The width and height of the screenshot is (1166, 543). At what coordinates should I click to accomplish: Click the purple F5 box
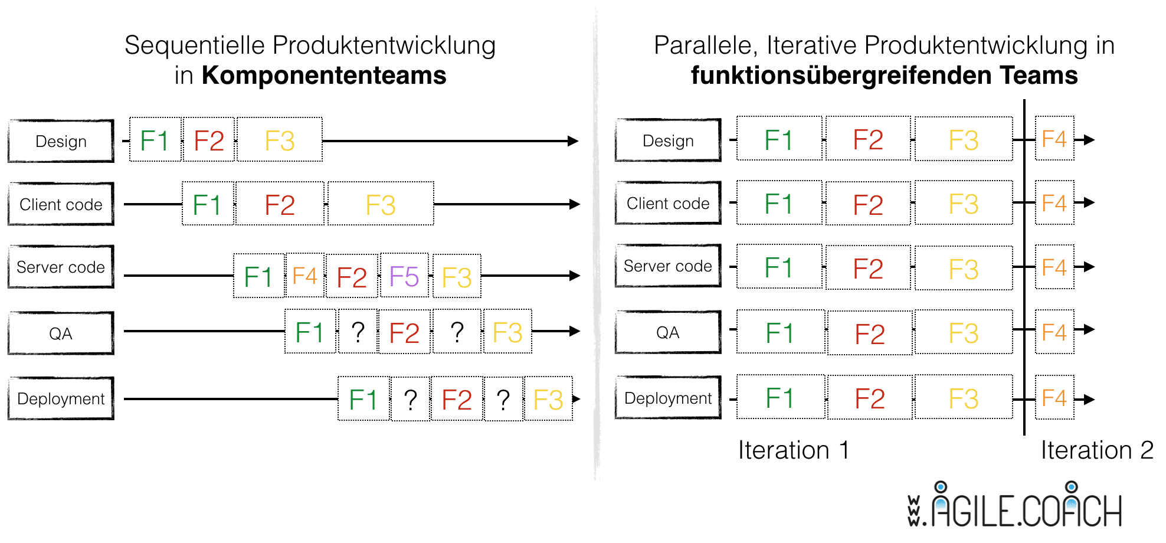point(404,276)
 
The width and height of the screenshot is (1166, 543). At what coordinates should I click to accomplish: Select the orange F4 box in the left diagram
point(305,276)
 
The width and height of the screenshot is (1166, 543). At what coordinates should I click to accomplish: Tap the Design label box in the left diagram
point(61,141)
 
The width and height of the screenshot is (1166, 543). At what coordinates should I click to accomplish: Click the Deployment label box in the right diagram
point(668,398)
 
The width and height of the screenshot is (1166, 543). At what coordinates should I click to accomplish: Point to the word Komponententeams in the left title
point(324,76)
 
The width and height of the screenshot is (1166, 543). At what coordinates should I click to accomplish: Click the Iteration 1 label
point(794,450)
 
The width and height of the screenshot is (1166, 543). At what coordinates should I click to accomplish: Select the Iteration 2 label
point(1096,450)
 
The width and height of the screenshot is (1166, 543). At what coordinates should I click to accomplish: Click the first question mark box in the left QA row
point(358,332)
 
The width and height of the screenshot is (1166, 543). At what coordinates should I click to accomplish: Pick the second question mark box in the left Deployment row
point(503,400)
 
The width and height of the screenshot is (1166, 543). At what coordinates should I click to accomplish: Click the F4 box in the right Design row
point(1054,139)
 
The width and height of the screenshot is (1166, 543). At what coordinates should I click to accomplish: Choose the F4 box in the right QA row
point(1054,332)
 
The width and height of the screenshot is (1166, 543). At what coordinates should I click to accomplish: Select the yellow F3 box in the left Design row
point(280,140)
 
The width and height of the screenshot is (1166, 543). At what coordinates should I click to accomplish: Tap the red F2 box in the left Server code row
point(352,277)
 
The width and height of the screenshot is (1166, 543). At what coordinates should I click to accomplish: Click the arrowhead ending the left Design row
point(573,141)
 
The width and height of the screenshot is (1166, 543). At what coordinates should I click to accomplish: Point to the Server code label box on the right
point(668,266)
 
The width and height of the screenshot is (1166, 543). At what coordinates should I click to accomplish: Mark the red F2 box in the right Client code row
point(868,204)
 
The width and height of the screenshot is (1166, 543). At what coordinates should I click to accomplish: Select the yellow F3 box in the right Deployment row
point(964,398)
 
